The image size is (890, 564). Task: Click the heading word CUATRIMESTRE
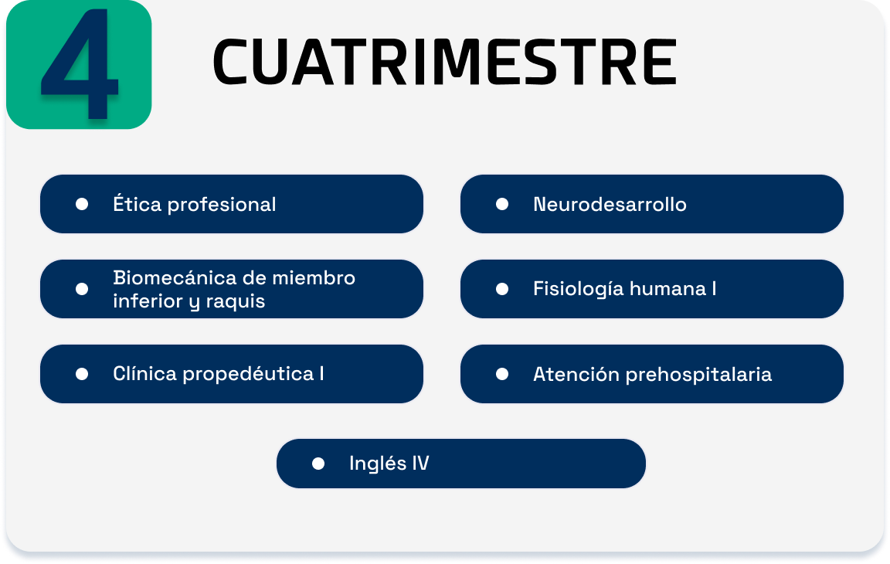445,62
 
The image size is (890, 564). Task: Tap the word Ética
138,203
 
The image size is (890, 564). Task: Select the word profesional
222,205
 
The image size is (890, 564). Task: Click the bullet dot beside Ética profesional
82,204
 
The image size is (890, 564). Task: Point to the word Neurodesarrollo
610,204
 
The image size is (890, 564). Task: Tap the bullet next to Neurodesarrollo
501,204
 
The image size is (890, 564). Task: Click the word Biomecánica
175,277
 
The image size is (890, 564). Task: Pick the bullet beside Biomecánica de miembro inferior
82,290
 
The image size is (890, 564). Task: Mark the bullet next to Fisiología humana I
501,290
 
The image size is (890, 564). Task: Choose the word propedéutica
249,375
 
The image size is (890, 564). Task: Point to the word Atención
576,374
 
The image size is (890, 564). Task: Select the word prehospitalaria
698,375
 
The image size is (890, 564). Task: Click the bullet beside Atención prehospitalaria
501,374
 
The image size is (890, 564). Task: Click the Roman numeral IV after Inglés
420,463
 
